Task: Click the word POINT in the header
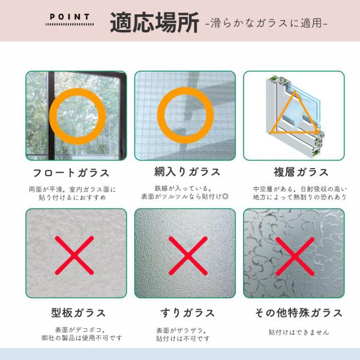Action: (x=70, y=17)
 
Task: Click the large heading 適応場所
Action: (x=155, y=23)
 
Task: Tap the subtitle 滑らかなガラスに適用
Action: (x=266, y=23)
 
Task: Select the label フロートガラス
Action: (x=71, y=173)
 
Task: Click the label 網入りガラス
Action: (x=187, y=172)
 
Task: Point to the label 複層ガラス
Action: (x=301, y=172)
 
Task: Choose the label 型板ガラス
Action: (x=78, y=313)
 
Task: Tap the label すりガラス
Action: (x=187, y=313)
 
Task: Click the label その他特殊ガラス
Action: (x=299, y=313)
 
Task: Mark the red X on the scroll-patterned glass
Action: (x=295, y=256)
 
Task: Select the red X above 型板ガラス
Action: (x=74, y=256)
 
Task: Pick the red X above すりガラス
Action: (x=188, y=256)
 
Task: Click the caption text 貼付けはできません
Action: (x=299, y=332)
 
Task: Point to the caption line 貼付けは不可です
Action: (x=183, y=338)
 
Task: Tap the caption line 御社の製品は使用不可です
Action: (x=82, y=338)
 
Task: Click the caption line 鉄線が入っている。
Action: (x=183, y=188)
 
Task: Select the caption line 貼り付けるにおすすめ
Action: (x=73, y=197)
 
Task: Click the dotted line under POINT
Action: (x=70, y=24)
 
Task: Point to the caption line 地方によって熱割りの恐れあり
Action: (x=299, y=197)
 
